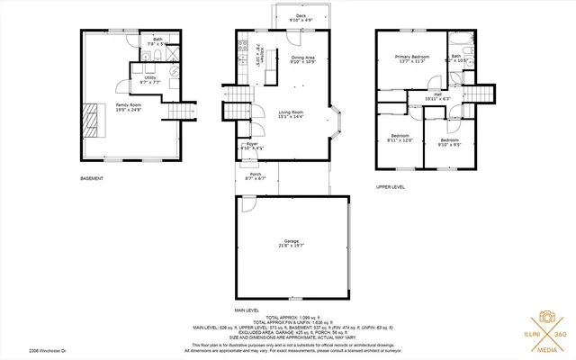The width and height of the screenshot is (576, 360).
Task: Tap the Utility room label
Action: click(150, 79)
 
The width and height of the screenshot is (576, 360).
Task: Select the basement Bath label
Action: click(157, 41)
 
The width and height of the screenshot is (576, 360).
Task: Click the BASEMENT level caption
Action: click(92, 179)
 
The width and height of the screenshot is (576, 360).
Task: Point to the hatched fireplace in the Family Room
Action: click(92, 117)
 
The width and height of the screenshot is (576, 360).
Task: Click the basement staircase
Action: click(184, 111)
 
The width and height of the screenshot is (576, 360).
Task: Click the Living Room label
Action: click(291, 114)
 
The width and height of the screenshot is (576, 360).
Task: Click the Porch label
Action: click(256, 177)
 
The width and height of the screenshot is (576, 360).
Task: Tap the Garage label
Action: click(291, 243)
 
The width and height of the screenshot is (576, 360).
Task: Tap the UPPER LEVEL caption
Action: click(390, 187)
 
